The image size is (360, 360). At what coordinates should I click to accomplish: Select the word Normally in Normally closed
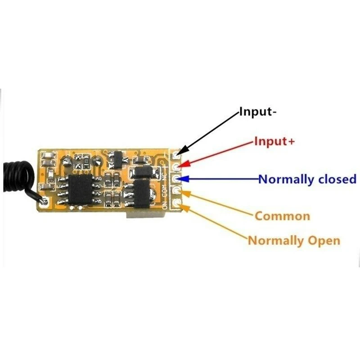click(286, 179)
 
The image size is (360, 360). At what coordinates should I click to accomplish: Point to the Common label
click(282, 216)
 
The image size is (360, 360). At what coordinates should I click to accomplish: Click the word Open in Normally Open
click(324, 240)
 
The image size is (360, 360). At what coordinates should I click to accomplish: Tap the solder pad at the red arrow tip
click(176, 167)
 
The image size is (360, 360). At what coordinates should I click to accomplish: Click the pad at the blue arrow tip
click(176, 180)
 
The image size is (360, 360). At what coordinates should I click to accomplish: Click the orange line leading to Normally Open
click(216, 224)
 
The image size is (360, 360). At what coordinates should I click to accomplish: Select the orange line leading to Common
click(220, 205)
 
